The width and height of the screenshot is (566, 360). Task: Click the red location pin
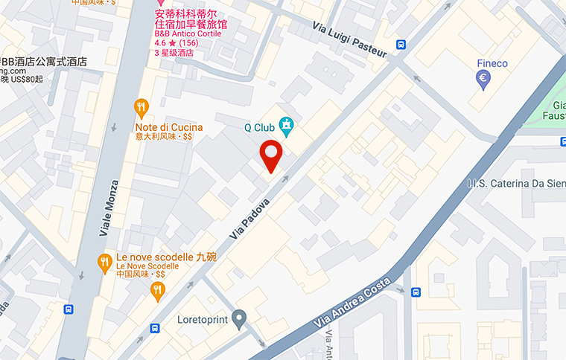click(271, 155)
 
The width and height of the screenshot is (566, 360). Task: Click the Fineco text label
click(492, 63)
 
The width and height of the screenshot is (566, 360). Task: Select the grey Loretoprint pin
click(238, 320)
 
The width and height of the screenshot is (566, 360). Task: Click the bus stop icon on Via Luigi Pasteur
click(401, 45)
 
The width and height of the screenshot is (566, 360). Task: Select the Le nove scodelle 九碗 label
click(166, 257)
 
